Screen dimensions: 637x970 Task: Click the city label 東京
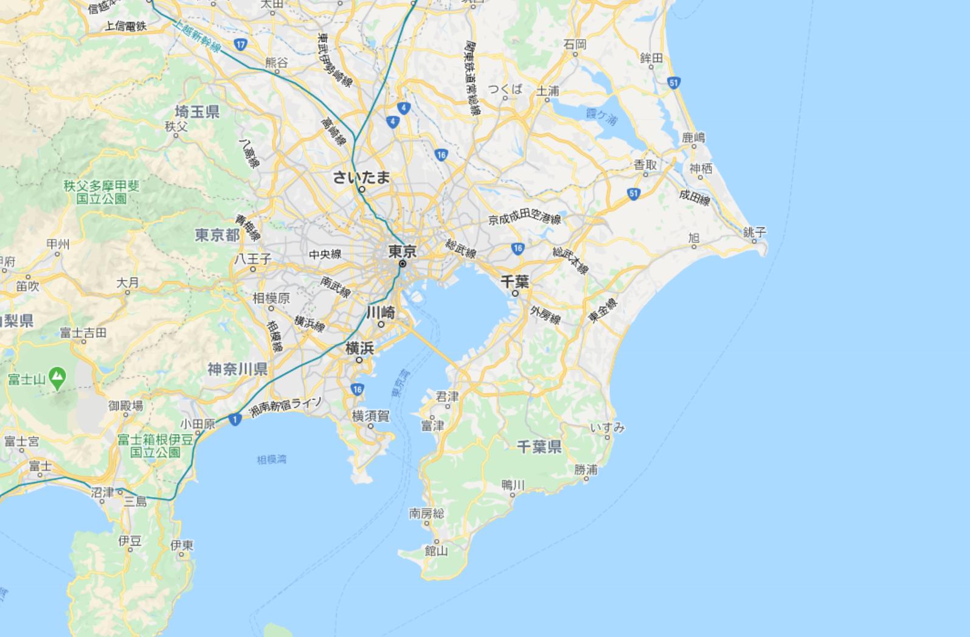pos(403,251)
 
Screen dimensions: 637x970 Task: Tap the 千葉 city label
pos(514,281)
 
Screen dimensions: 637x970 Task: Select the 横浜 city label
pos(359,348)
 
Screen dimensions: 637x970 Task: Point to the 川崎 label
pos(381,313)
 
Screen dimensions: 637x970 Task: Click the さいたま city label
pos(361,177)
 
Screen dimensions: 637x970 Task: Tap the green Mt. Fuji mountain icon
pos(57,378)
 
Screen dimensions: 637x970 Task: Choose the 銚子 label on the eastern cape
pos(755,232)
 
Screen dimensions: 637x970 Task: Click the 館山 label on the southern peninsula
pos(436,551)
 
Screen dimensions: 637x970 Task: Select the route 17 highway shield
pos(241,44)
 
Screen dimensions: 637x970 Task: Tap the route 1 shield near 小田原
pos(235,419)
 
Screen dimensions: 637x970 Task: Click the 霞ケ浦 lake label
pos(601,116)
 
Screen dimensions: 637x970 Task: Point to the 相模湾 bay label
pos(271,459)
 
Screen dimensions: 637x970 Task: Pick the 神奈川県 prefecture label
pos(237,369)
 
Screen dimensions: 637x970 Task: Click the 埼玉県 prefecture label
pos(197,111)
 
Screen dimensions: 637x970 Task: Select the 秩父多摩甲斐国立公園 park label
pos(102,192)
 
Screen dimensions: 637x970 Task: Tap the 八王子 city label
pos(253,259)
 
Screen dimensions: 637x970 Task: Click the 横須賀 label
pos(370,416)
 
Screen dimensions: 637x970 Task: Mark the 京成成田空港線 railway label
pos(524,219)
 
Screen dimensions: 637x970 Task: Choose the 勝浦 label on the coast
pos(586,469)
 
